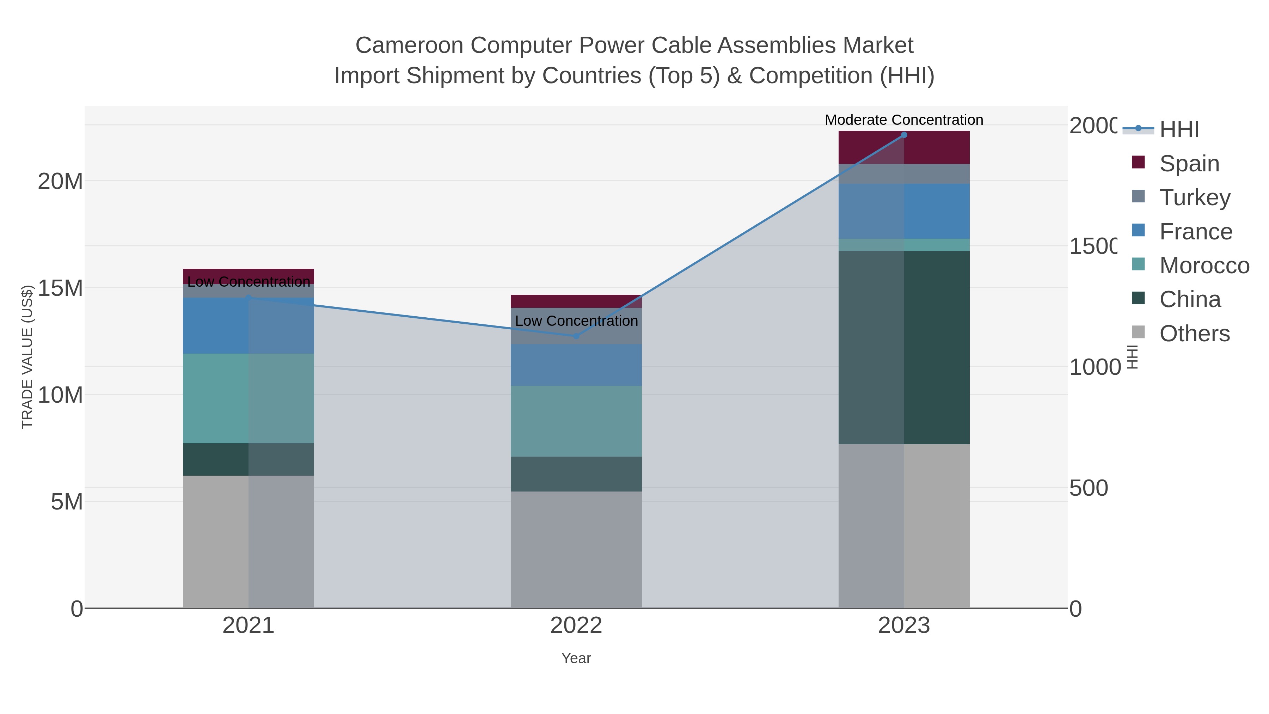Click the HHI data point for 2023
[x=903, y=135]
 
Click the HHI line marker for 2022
[x=576, y=336]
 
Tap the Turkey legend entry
[x=1194, y=197]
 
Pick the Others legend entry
[x=1194, y=334]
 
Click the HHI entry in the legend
[x=1179, y=130]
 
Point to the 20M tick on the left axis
[x=60, y=181]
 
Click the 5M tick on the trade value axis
[x=67, y=502]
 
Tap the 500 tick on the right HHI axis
[x=1088, y=488]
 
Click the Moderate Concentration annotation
[x=903, y=120]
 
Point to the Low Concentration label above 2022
[x=576, y=321]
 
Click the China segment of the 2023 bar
[x=903, y=347]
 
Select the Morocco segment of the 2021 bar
[x=248, y=398]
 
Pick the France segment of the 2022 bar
[x=576, y=365]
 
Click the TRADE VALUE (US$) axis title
[x=27, y=357]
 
